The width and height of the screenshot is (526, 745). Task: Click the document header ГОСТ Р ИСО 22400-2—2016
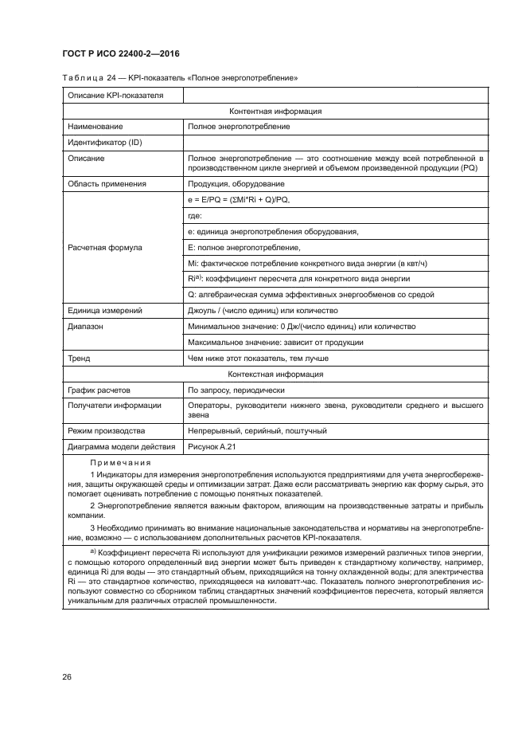pos(120,53)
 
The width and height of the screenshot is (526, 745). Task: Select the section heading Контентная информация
pos(275,112)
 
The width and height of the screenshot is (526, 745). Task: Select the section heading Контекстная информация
pos(275,374)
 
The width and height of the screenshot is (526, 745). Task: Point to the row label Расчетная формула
pos(105,248)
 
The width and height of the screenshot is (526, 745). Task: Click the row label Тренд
pos(79,359)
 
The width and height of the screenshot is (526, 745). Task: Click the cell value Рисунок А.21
pos(212,447)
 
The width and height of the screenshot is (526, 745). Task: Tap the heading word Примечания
pos(118,462)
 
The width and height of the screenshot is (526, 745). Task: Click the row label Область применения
pos(107,183)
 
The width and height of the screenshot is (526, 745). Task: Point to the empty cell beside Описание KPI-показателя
pos(335,96)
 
